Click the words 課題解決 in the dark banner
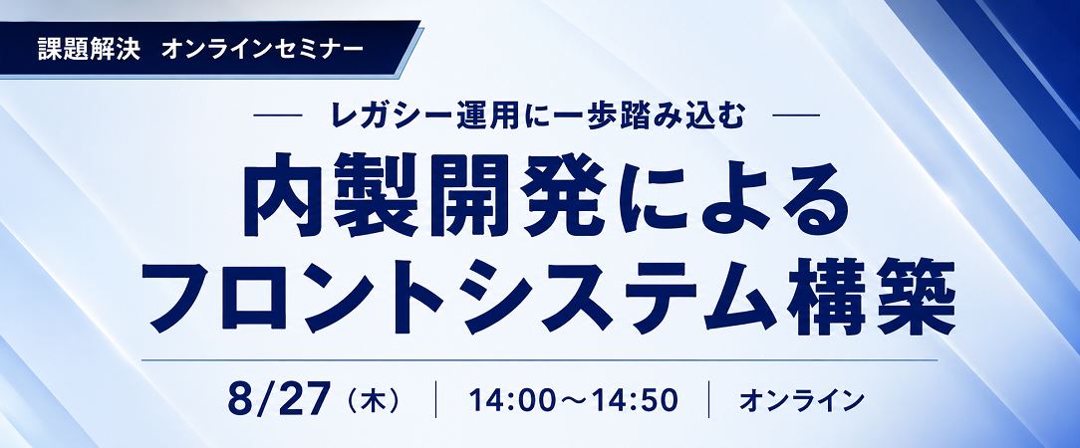[x=90, y=50]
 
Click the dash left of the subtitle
[x=278, y=115]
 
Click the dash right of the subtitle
[x=796, y=115]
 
